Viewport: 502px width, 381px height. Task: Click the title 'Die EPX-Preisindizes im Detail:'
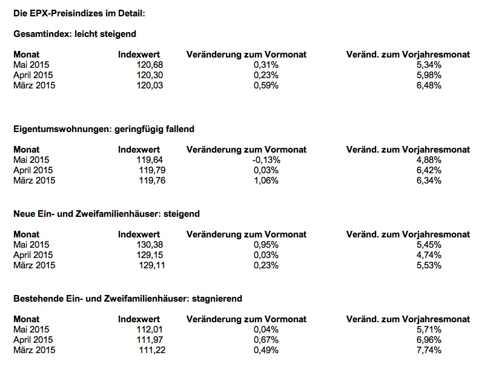pos(79,13)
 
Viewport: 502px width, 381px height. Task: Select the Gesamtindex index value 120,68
pos(150,65)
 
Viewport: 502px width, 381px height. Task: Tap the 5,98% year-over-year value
pos(429,75)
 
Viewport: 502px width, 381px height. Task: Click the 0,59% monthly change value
pos(266,85)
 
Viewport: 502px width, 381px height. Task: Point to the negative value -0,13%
pos(266,160)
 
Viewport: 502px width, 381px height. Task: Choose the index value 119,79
pos(152,170)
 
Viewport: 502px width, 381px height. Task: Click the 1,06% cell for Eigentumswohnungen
pos(266,181)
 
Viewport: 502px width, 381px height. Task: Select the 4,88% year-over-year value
pos(429,160)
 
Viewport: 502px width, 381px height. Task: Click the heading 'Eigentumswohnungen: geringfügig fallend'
pos(104,130)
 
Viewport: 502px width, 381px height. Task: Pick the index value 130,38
pos(150,245)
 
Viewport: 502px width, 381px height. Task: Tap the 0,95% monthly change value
pos(266,245)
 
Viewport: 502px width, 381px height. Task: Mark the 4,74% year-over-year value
pos(429,255)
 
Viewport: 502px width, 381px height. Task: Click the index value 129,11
pos(152,265)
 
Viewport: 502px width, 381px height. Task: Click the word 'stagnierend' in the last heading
pos(217,299)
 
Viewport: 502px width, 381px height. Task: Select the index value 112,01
pos(150,330)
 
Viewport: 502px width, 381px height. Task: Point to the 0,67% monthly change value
pos(266,340)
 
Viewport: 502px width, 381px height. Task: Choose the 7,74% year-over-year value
pos(429,350)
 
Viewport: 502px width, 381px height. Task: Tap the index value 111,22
pos(152,350)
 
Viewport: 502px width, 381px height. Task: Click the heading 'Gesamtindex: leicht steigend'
pos(74,35)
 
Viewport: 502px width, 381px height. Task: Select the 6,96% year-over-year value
pos(429,340)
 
